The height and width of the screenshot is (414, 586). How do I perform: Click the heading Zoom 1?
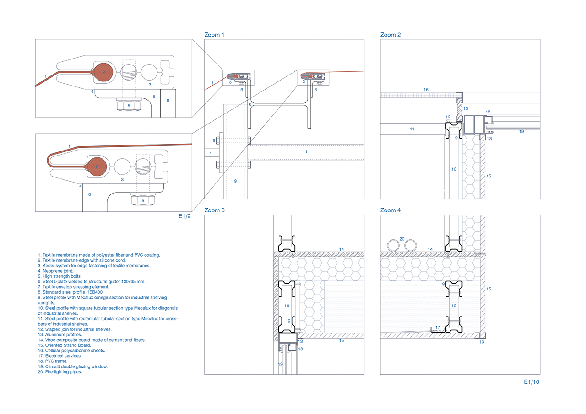(214, 35)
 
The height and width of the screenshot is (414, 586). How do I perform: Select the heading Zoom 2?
(391, 35)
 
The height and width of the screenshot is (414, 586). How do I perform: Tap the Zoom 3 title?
(215, 210)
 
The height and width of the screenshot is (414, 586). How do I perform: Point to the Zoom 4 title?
(391, 210)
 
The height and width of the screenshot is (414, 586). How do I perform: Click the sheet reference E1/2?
(184, 216)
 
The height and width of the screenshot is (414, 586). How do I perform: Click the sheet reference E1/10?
(532, 382)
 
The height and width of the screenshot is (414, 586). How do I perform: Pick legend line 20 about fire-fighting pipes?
(60, 371)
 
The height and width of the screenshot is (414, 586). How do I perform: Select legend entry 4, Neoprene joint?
(55, 271)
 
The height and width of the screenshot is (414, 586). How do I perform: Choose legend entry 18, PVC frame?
(53, 361)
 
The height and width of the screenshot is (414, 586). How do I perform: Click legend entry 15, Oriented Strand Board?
(65, 345)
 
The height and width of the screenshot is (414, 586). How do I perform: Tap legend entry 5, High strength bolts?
(60, 276)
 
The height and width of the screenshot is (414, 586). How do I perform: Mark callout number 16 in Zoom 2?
(426, 90)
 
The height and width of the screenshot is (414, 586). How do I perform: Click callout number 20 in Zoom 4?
(402, 239)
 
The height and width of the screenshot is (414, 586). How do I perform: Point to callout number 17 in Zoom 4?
(438, 327)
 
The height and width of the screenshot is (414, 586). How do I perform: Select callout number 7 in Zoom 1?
(210, 152)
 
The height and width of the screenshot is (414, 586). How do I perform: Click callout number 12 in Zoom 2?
(448, 117)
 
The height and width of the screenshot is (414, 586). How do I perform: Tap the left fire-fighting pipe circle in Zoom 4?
(393, 245)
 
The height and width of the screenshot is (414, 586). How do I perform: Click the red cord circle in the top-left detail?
(103, 72)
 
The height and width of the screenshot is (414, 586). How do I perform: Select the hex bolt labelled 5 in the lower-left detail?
(143, 200)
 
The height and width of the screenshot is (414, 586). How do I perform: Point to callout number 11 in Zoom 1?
(305, 151)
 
